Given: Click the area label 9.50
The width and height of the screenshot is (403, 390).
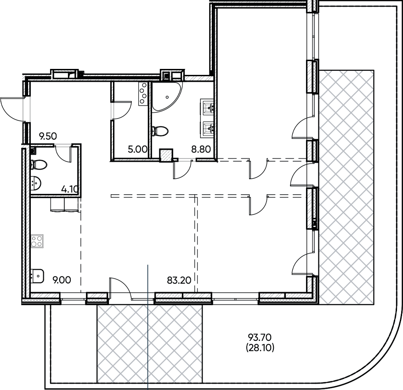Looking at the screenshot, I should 48,136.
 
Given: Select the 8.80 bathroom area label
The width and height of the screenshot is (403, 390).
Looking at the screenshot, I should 200,149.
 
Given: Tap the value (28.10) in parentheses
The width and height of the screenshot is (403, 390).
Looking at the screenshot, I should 260,348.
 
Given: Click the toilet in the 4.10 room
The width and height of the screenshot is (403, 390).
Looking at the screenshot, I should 38,164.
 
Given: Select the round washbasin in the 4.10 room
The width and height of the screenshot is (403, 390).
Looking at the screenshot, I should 36,183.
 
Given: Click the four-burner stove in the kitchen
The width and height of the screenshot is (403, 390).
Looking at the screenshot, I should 37,241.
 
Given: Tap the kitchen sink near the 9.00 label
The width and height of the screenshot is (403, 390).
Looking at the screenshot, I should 36,275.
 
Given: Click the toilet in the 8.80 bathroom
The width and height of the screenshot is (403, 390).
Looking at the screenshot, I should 159,131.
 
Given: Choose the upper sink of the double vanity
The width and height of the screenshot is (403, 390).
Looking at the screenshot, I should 208,108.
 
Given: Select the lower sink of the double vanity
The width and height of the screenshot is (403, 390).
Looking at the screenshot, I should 208,128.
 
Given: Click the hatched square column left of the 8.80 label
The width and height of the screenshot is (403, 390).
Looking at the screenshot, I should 165,155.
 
